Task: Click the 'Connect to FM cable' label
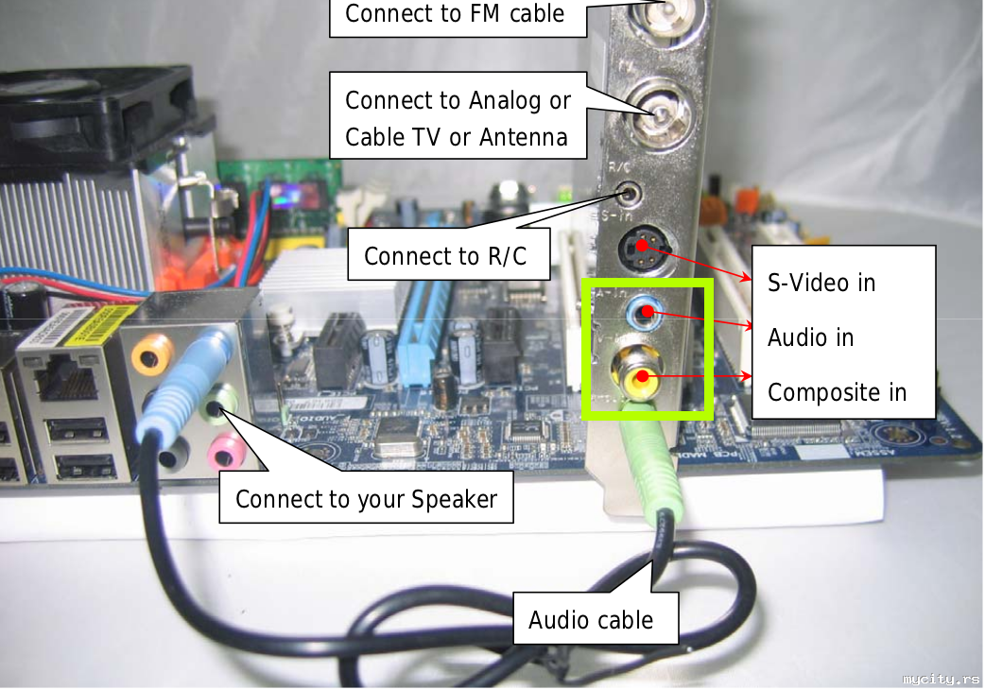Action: tap(455, 14)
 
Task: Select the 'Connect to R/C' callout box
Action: tap(447, 255)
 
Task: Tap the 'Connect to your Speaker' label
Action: tap(366, 498)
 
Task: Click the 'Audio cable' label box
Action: tap(591, 620)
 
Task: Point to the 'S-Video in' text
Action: tap(821, 283)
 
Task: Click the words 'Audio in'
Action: tap(810, 337)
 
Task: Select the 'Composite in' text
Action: tap(837, 392)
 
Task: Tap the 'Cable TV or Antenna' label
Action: tap(457, 137)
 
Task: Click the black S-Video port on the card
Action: tap(642, 249)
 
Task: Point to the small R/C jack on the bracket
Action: tap(629, 197)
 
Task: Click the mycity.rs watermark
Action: tap(941, 679)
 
